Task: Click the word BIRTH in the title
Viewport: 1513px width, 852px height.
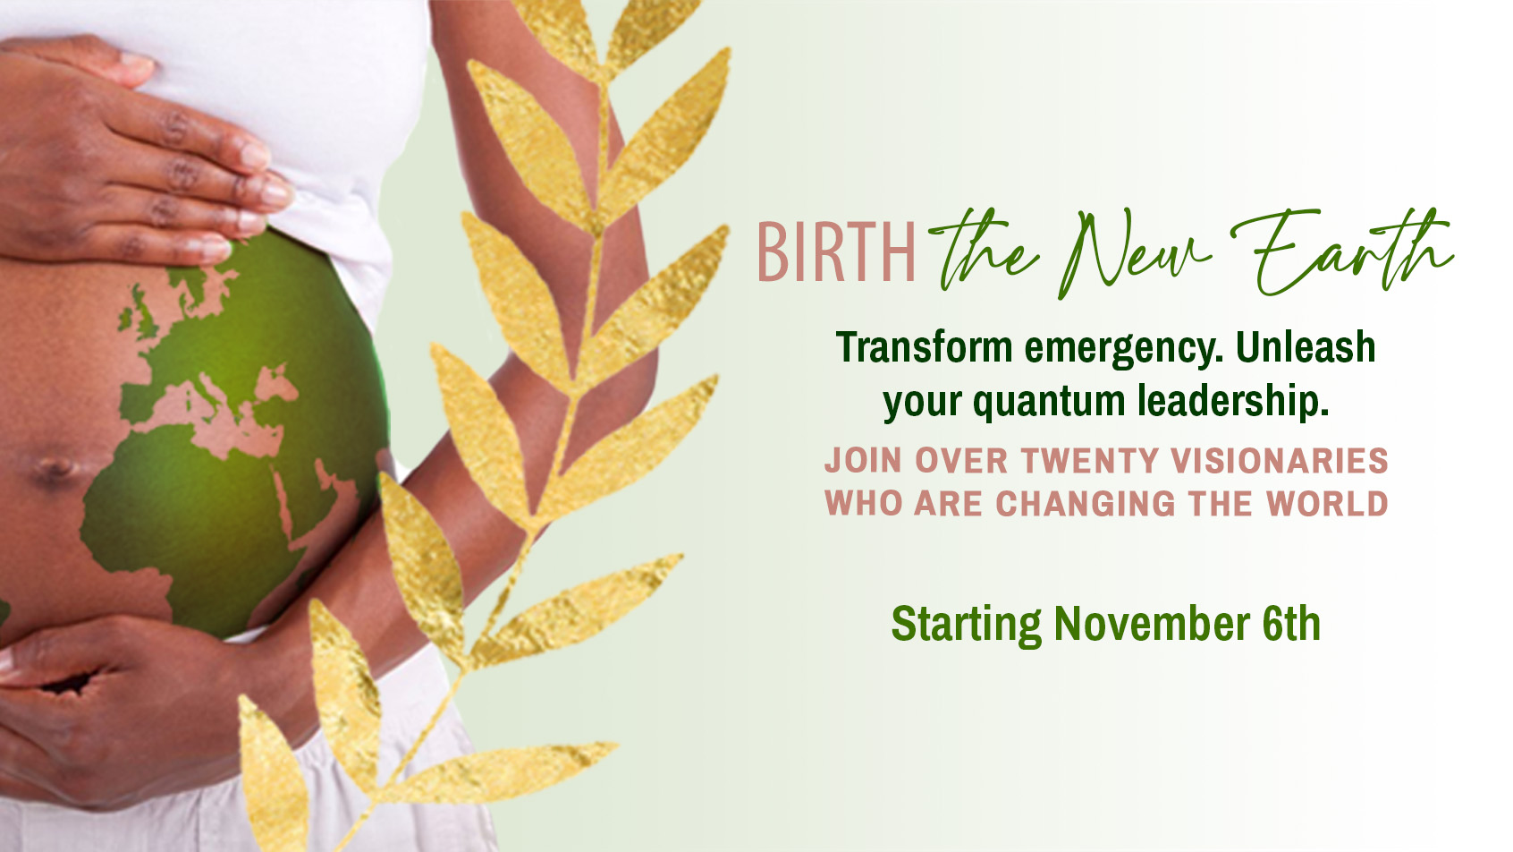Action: pos(836,252)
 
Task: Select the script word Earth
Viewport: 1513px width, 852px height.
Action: pos(1341,251)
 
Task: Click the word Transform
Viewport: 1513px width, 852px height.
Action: pos(925,348)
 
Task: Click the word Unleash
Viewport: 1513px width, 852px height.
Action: pos(1306,348)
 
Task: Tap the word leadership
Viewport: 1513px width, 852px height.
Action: pos(1234,402)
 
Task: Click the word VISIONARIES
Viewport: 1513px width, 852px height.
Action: pos(1280,461)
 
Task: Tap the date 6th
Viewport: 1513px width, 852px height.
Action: pos(1291,624)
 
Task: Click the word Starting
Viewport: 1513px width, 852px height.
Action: pos(967,626)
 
